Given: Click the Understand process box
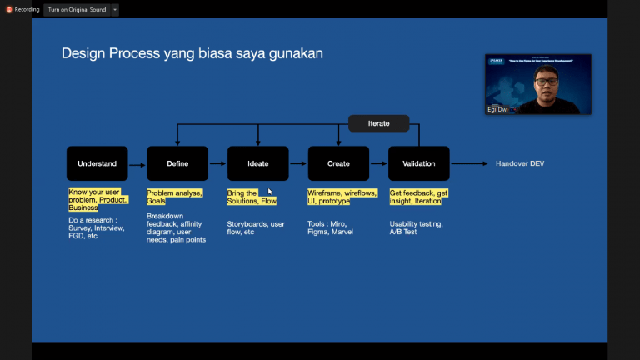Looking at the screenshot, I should click(97, 163).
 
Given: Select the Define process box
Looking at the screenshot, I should click(177, 163).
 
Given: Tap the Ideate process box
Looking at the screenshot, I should click(258, 163).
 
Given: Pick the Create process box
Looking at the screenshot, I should click(338, 163).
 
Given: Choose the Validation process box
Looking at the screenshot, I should click(418, 163).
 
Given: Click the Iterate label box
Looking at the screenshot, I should click(379, 123).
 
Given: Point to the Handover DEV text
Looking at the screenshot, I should click(519, 163).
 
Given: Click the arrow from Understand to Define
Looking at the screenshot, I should click(137, 164).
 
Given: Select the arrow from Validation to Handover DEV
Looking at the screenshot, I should click(469, 163).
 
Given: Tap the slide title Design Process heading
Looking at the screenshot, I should click(192, 53).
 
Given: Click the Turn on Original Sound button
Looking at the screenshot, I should click(77, 9).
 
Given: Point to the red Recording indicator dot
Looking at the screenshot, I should click(9, 9).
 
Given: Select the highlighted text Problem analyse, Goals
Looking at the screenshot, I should click(174, 197).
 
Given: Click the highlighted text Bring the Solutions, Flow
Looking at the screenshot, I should click(252, 197).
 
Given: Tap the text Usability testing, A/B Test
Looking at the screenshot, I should click(417, 227).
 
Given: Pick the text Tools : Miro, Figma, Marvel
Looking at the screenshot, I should click(331, 227).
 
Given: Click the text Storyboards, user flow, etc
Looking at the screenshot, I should click(255, 227).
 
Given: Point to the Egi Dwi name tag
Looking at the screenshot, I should click(497, 109).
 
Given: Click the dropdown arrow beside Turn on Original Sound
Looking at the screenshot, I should click(114, 10).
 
